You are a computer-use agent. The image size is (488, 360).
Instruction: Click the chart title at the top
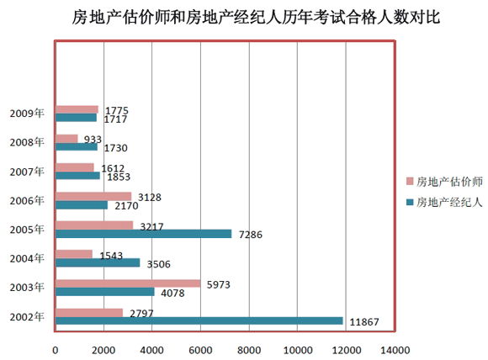coord(245,18)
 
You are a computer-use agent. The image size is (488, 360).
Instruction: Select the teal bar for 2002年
coord(199,320)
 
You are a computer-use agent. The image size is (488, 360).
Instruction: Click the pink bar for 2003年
coord(128,283)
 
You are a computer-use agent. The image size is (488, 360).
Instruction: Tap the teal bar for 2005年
coord(143,234)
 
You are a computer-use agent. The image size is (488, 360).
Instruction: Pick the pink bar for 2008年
coord(66,139)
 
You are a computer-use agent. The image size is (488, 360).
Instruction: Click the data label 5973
coord(217,284)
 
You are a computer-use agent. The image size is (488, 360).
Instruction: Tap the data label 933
coord(93,139)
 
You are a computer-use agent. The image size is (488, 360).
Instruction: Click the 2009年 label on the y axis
coord(27,113)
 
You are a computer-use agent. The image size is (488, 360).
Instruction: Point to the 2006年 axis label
coord(27,200)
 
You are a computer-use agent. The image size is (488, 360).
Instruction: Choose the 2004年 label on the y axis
coord(27,258)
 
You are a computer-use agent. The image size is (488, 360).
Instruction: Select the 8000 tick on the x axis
coord(249,349)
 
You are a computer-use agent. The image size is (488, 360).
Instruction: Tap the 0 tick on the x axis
coord(56,349)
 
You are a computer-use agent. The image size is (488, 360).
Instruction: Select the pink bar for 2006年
coord(93,197)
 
